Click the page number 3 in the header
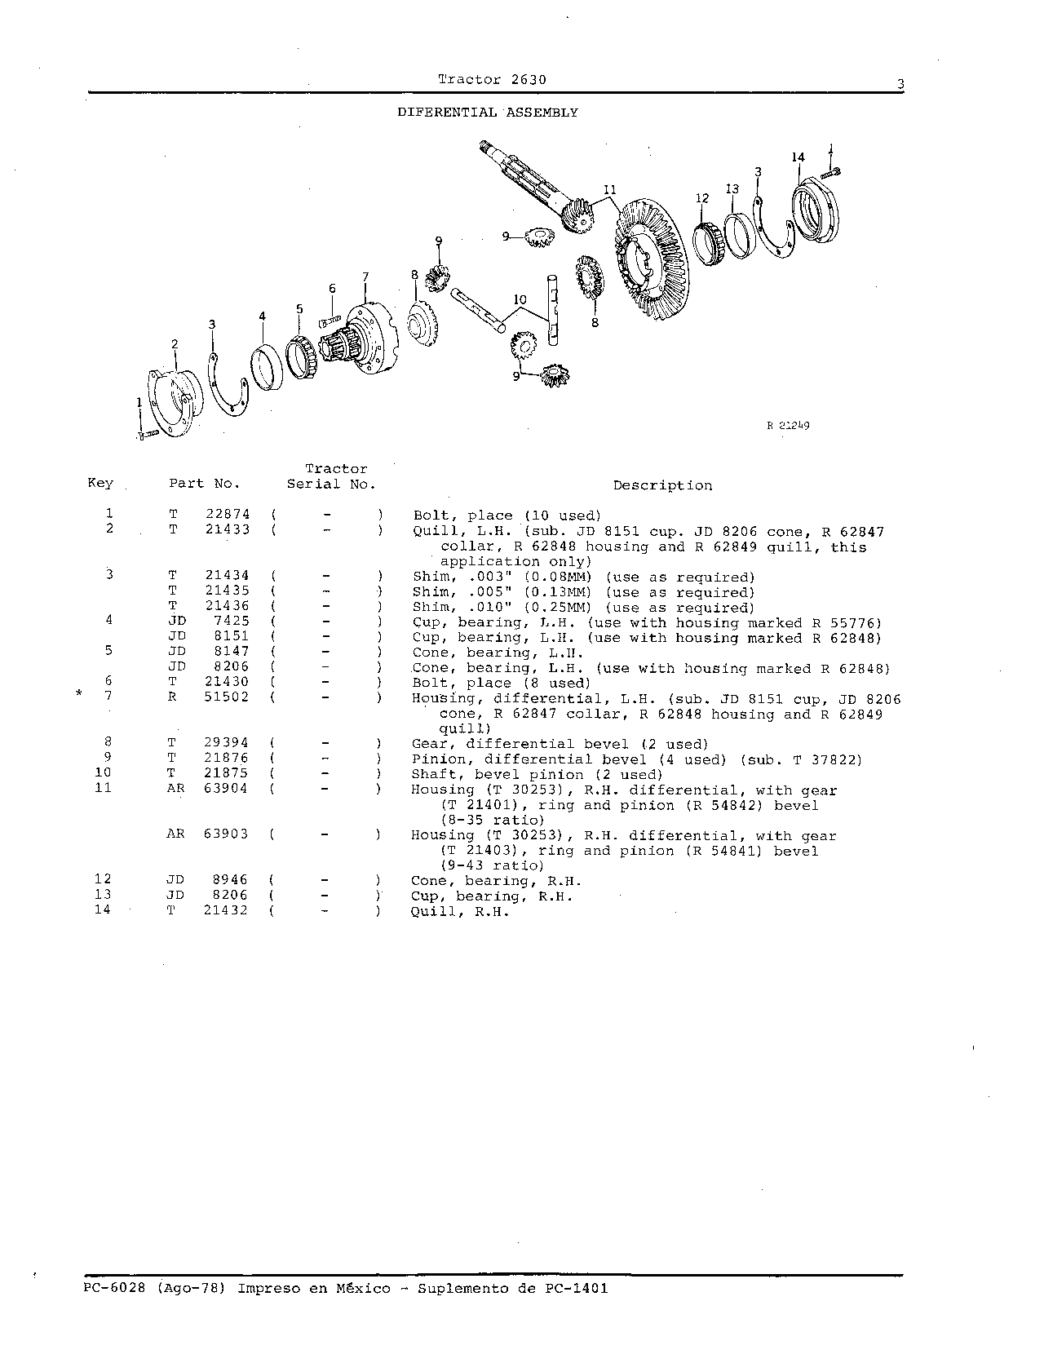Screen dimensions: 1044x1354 [x=900, y=84]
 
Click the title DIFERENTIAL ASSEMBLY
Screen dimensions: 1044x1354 [x=488, y=113]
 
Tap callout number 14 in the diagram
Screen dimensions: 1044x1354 [x=798, y=157]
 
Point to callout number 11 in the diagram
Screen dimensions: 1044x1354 [x=610, y=189]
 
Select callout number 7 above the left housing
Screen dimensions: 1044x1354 [x=365, y=277]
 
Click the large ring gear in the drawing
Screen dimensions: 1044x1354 [x=652, y=259]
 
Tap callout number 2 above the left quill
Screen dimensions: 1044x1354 [x=175, y=344]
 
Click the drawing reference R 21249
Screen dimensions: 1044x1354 [x=788, y=426]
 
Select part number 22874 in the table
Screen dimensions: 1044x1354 [x=228, y=515]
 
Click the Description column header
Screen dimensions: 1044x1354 [x=663, y=485]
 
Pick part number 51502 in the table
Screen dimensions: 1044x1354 [x=227, y=697]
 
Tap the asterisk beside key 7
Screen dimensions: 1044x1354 [x=79, y=692]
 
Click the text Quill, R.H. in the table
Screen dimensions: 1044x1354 [x=460, y=912]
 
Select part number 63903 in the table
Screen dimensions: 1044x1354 [x=226, y=834]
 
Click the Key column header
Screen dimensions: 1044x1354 [x=100, y=484]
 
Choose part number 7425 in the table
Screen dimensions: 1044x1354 [x=231, y=622]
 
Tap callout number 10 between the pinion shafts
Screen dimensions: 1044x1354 [x=520, y=299]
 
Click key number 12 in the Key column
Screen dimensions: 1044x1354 [x=103, y=879]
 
